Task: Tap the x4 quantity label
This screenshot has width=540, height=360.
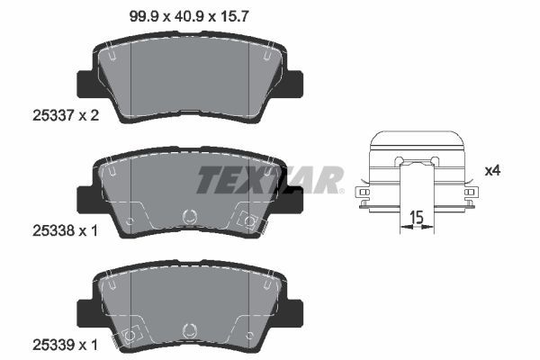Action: [492, 170]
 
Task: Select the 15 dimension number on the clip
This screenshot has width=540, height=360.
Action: [416, 216]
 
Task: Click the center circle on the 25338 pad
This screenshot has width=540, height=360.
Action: [189, 217]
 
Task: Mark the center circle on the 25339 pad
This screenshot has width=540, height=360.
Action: [189, 329]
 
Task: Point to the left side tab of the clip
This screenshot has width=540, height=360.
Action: [363, 193]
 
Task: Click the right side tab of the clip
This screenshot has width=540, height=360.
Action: [468, 193]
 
